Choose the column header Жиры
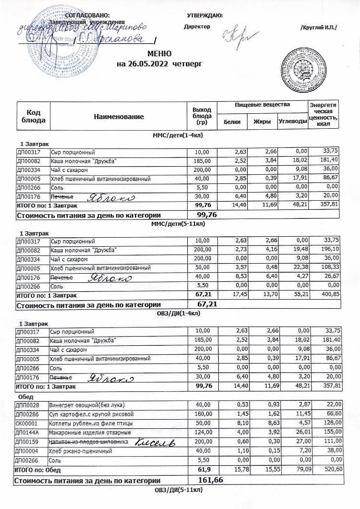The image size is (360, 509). pos(262,122)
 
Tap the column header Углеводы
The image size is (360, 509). pos(292,122)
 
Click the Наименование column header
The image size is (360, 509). pos(119,116)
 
